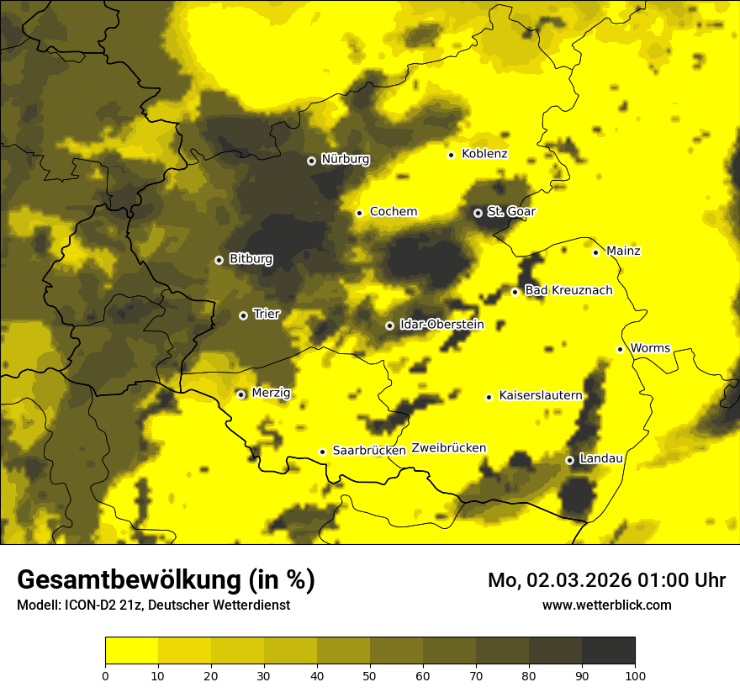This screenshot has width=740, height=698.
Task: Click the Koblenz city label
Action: click(x=484, y=154)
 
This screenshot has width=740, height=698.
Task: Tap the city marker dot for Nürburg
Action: click(x=311, y=160)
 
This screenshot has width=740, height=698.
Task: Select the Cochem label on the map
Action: click(x=394, y=212)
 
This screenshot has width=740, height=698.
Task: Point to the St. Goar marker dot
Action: click(x=478, y=213)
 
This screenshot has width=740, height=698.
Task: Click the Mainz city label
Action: click(x=623, y=251)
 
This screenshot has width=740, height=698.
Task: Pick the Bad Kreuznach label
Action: click(x=568, y=291)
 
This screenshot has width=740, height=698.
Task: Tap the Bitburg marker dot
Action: click(x=219, y=260)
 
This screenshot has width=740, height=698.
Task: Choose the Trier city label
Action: click(x=267, y=315)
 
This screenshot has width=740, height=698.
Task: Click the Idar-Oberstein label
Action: click(x=441, y=325)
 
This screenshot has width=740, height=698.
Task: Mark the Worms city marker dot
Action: click(x=620, y=349)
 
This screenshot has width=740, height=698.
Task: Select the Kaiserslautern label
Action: click(x=540, y=395)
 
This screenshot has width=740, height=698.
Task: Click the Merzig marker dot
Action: click(x=240, y=394)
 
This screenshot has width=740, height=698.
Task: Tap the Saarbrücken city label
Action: click(x=369, y=451)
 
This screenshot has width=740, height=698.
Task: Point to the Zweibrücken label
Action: click(x=448, y=448)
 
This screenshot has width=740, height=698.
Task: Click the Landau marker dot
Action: click(x=569, y=460)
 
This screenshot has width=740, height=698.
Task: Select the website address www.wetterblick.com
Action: click(x=606, y=605)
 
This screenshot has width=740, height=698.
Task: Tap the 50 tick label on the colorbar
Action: click(x=370, y=675)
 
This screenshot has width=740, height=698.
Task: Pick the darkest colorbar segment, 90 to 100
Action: click(x=608, y=651)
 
